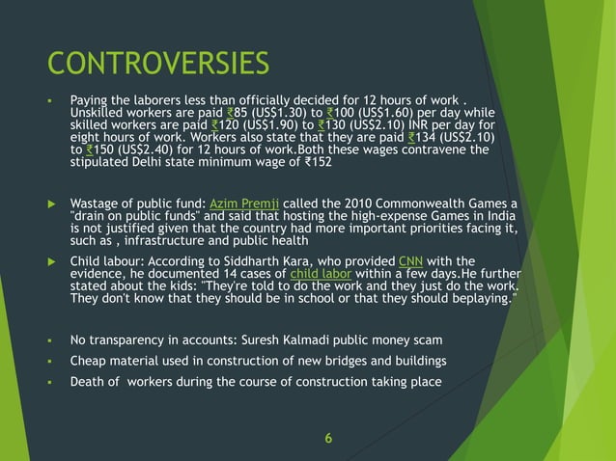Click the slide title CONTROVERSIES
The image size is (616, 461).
tap(159, 64)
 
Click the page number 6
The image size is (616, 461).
tap(328, 439)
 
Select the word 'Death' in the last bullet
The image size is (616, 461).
tap(88, 381)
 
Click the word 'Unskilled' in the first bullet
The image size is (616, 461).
tap(98, 113)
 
